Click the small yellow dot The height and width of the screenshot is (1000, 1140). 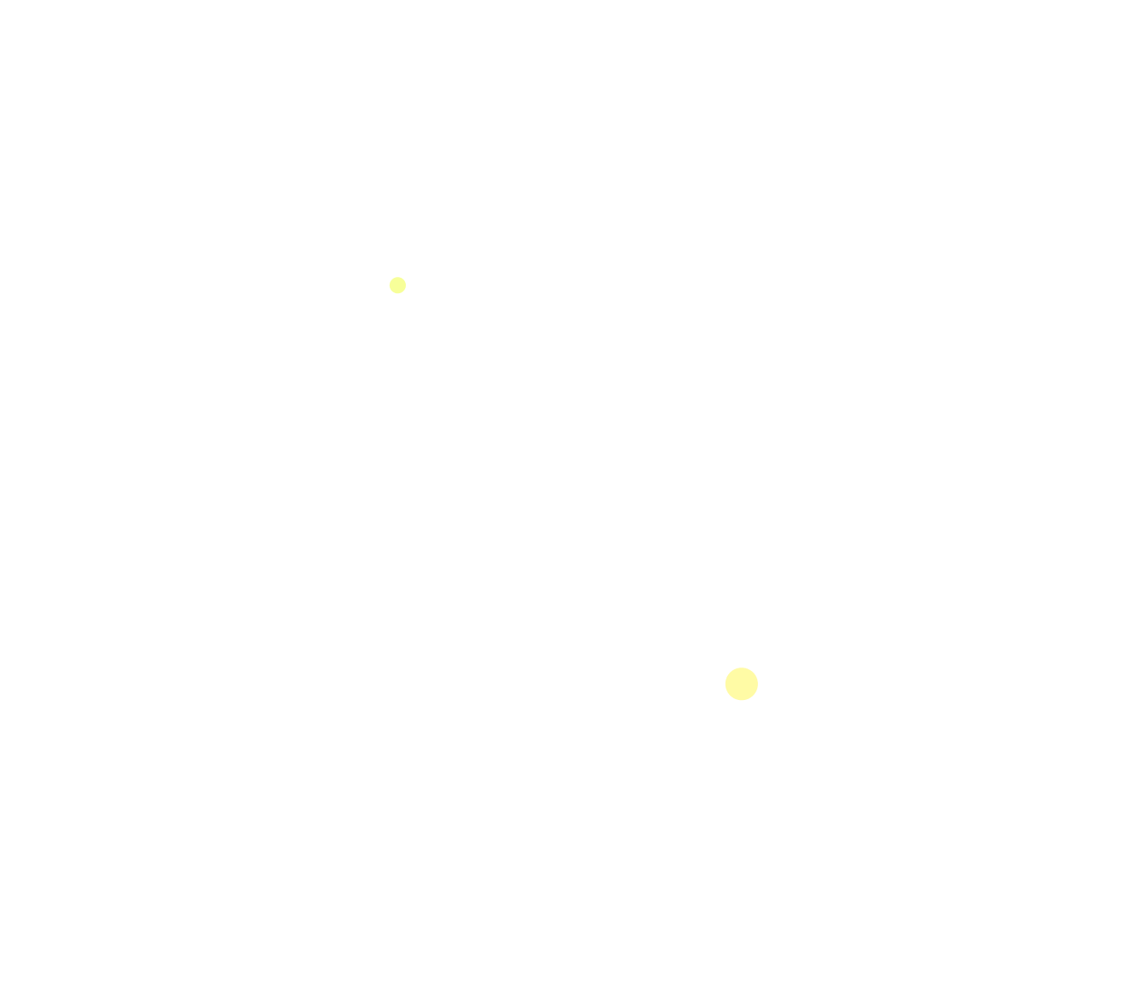397,285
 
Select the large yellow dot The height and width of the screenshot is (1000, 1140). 742,684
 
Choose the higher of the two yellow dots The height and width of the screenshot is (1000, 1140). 397,285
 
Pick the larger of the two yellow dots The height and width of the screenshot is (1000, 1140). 742,684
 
